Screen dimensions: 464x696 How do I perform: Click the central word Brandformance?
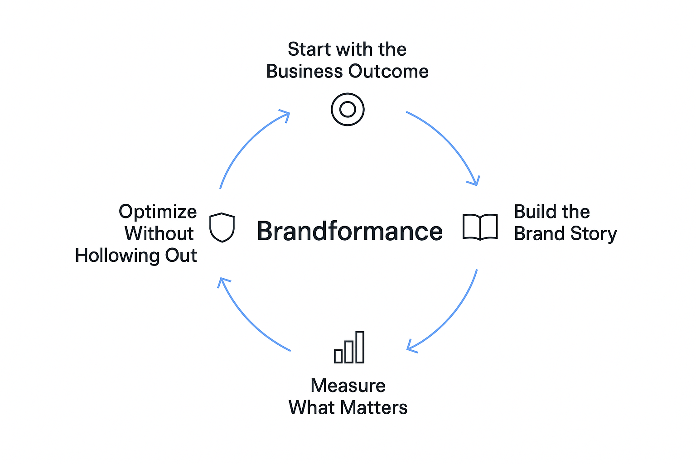click(349, 231)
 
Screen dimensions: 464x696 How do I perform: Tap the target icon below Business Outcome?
click(348, 109)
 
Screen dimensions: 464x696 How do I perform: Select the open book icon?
click(480, 227)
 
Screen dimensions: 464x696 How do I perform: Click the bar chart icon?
click(349, 348)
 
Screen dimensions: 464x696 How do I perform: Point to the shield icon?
click(222, 227)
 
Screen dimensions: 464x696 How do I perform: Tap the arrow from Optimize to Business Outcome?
click(247, 140)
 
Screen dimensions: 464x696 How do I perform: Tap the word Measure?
click(348, 386)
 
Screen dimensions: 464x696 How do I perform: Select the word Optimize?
click(158, 212)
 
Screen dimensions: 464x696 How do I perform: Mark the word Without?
click(159, 234)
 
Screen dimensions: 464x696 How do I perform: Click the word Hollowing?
click(117, 256)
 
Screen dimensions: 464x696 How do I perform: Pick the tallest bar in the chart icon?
click(360, 347)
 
